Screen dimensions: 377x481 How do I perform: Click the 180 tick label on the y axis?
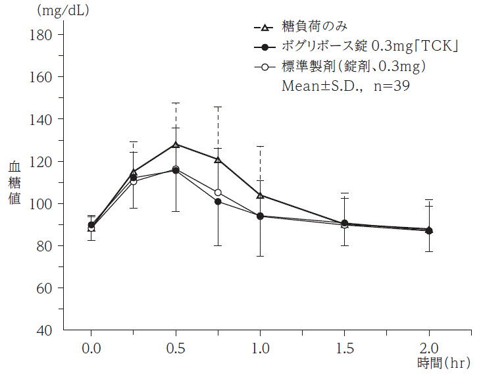coord(43,34)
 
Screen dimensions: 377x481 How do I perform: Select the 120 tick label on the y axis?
coord(43,161)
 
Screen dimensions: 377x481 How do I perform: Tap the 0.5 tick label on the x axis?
coord(176,347)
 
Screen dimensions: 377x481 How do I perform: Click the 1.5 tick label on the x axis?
coord(345,347)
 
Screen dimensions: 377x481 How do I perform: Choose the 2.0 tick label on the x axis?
coord(429,347)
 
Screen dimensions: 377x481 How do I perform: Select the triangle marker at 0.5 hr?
coord(176,144)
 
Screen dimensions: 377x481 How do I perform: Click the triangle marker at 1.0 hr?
coord(261,195)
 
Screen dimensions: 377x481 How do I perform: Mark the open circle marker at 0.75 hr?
coord(218,193)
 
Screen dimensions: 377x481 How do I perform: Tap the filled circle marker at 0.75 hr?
coord(218,202)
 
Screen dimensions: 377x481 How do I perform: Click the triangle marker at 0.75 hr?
coord(218,159)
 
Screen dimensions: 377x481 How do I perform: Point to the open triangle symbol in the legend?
coord(265,28)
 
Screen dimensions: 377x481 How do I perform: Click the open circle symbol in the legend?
coord(265,66)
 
